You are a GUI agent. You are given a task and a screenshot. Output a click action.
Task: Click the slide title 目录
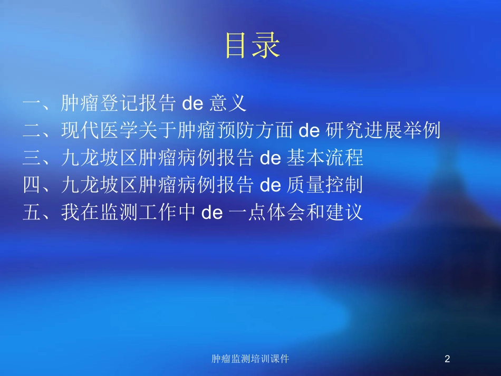point(252,45)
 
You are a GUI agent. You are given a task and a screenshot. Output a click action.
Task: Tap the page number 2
point(447,359)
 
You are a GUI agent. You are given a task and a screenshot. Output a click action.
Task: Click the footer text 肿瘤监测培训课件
point(250,359)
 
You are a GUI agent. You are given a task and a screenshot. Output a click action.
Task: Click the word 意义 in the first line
point(228,103)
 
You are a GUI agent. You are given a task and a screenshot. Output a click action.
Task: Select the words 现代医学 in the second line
point(100,131)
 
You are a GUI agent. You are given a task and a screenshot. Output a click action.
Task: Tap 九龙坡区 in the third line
point(100,158)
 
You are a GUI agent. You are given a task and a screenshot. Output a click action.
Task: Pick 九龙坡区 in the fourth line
point(100,186)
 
